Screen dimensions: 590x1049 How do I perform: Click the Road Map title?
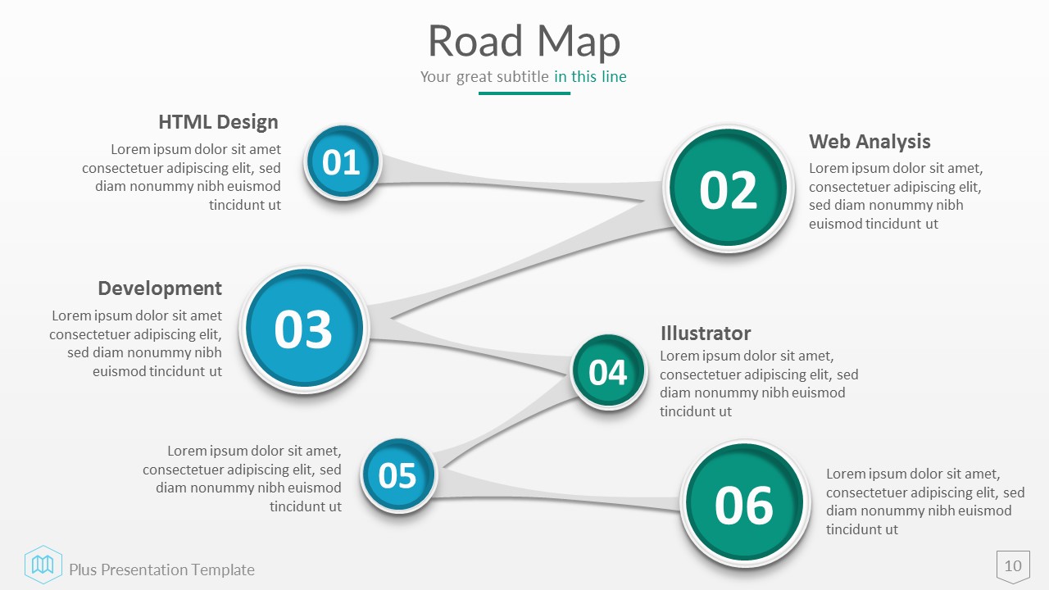(x=524, y=41)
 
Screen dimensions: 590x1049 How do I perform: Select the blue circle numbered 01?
(x=343, y=162)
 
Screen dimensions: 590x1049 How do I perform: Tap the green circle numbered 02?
(x=728, y=189)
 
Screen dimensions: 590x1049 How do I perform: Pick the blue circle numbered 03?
(x=303, y=329)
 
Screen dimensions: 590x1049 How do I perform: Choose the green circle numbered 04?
(x=608, y=372)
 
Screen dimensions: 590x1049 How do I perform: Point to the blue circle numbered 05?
(x=398, y=475)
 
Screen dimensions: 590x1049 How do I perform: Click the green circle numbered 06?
(x=743, y=504)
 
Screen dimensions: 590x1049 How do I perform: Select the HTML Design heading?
(x=218, y=122)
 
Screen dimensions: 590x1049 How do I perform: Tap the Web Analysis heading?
(x=870, y=141)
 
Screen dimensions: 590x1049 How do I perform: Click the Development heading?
(x=160, y=288)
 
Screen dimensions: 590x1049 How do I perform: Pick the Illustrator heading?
(x=705, y=333)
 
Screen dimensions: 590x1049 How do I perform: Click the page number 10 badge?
(x=1013, y=565)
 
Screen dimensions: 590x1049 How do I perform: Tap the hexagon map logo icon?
(x=43, y=564)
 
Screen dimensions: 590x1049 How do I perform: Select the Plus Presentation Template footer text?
(x=161, y=570)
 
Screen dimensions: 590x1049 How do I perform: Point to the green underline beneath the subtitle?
(x=524, y=93)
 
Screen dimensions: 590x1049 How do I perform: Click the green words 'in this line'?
(x=590, y=77)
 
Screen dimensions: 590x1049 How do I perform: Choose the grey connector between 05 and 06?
(x=557, y=497)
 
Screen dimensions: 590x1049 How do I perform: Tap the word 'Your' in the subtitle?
(x=435, y=77)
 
